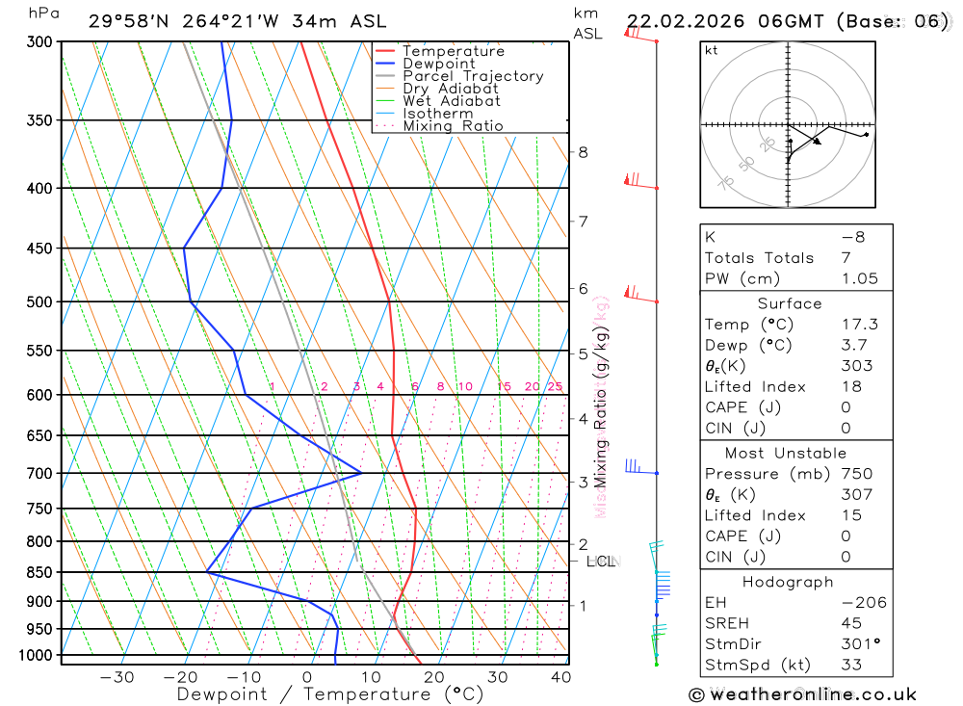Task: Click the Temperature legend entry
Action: pos(453,51)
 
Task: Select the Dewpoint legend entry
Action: pos(439,64)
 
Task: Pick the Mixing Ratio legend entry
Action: pos(453,126)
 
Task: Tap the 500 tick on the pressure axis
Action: pos(41,301)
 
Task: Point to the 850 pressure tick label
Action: pos(41,572)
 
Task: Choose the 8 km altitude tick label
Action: pos(583,152)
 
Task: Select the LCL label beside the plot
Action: pos(602,561)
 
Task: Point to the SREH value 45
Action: pos(850,623)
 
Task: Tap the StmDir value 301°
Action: pos(856,644)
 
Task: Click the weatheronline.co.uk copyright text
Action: pos(803,694)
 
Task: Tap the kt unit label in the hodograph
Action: pos(712,50)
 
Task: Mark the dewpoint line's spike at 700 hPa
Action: pos(360,473)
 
